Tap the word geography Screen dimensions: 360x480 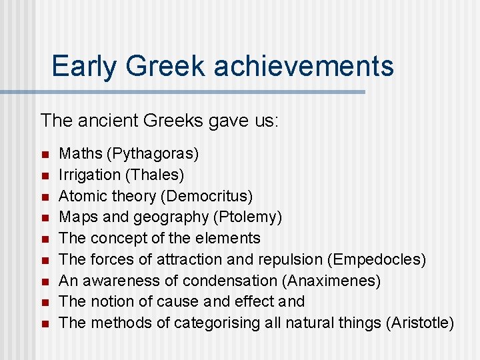(176, 217)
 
